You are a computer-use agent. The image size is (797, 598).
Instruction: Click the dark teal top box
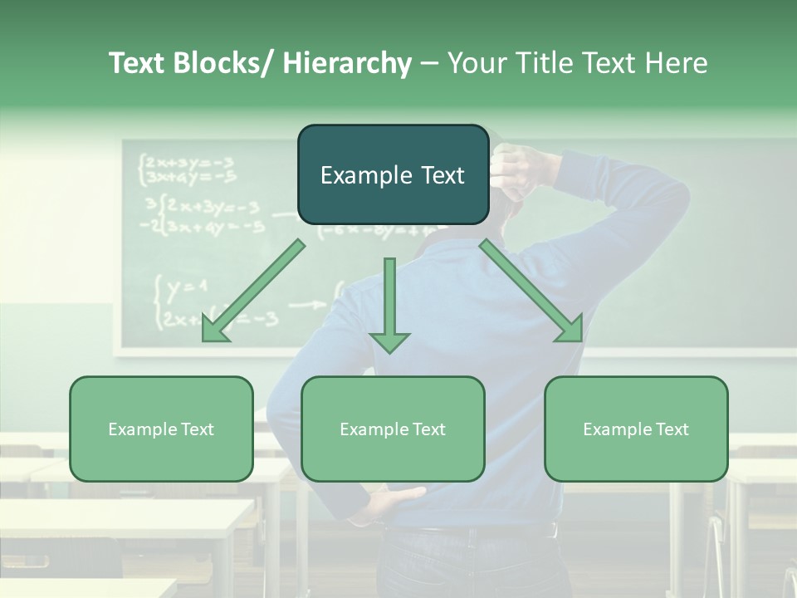[393, 174]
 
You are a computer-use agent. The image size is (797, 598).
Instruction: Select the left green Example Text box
[161, 429]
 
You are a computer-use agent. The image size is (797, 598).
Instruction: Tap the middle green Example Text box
[393, 429]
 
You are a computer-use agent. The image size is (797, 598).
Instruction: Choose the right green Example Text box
[636, 429]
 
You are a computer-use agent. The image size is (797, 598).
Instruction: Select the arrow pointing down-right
[532, 292]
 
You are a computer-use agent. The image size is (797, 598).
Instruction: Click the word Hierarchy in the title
[347, 63]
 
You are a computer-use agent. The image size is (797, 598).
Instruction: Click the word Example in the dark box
[358, 175]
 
